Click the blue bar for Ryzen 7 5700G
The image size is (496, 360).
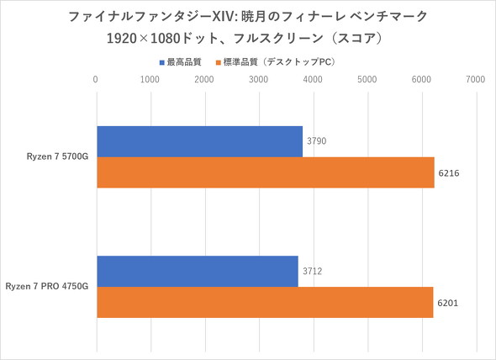click(199, 141)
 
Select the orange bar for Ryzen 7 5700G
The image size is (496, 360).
click(266, 173)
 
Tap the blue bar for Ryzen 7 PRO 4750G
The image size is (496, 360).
click(198, 271)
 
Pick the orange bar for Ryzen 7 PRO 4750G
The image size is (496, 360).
click(265, 303)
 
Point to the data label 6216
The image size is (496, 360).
click(449, 173)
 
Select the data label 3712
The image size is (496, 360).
click(312, 271)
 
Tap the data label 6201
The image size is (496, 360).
click(448, 303)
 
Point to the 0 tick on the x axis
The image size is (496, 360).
click(97, 80)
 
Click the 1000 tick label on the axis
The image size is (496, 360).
click(150, 80)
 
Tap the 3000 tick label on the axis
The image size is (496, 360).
click(259, 80)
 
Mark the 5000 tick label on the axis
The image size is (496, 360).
click(367, 80)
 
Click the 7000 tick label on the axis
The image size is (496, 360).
click(476, 80)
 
